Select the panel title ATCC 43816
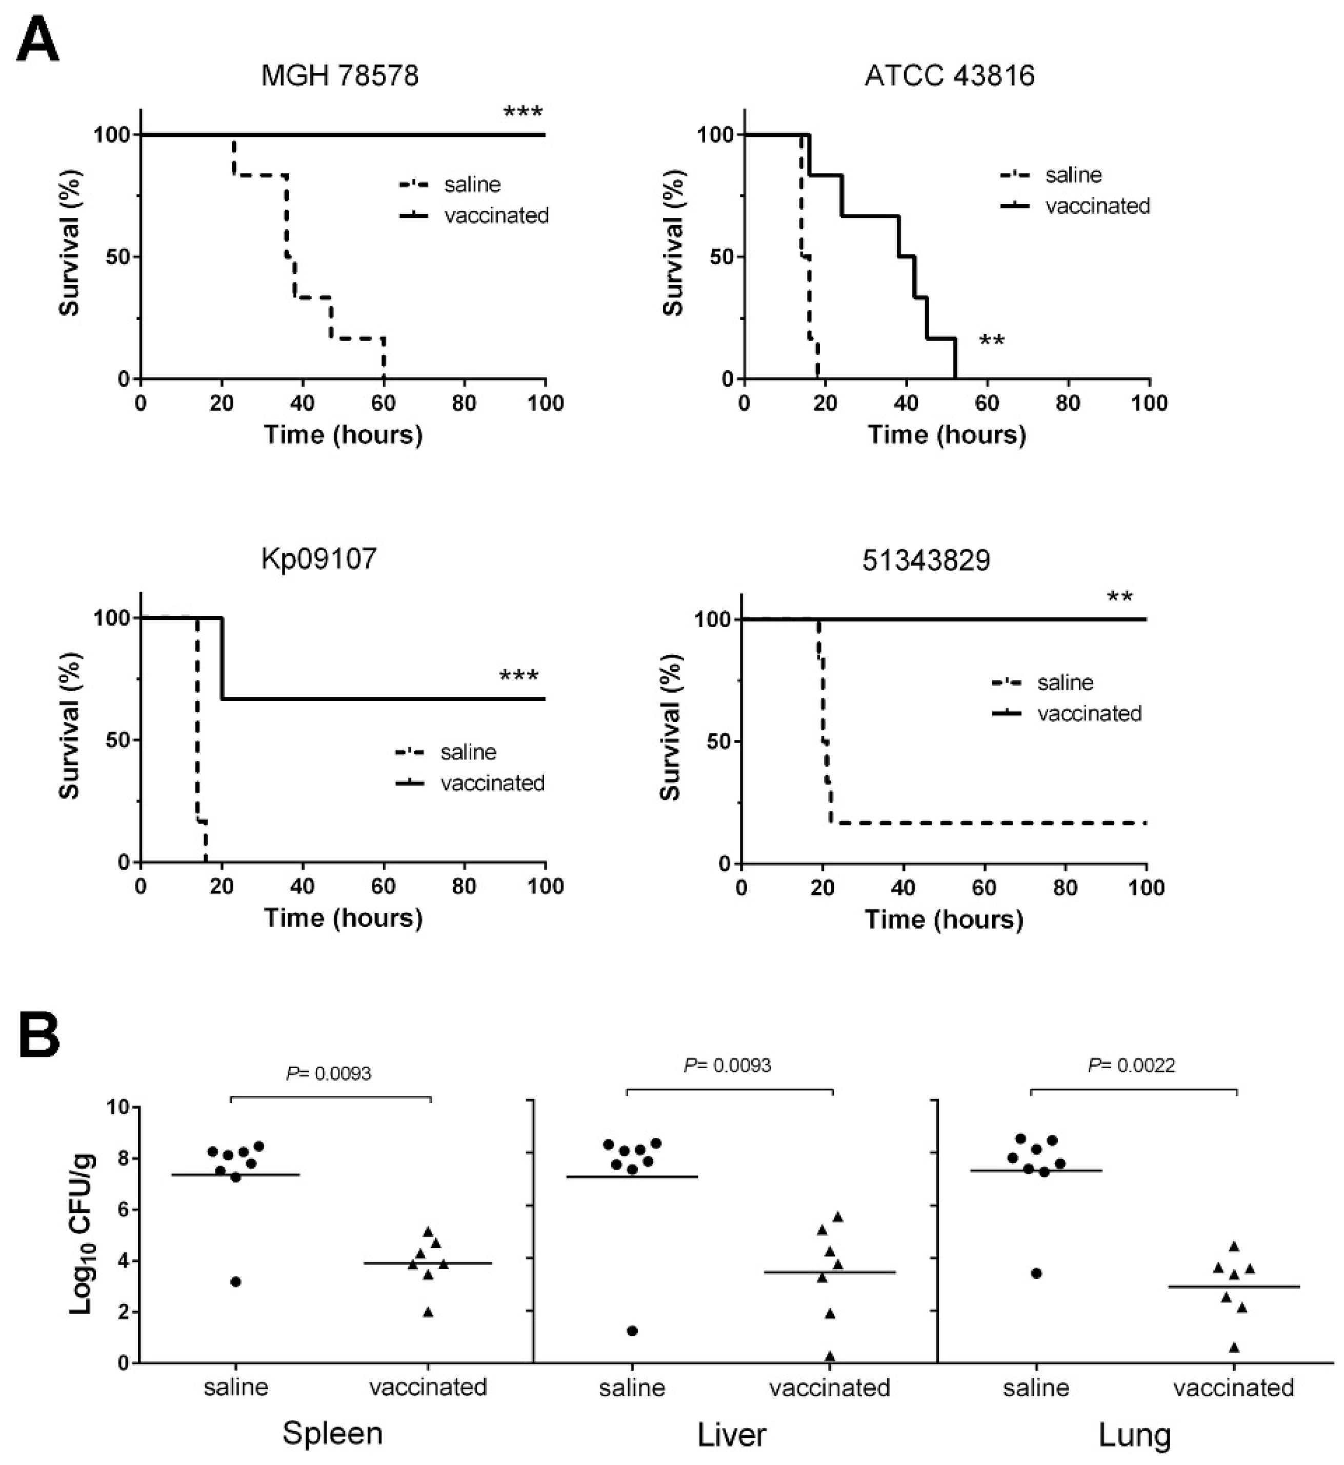949,76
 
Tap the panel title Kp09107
319,558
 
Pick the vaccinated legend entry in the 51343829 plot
1089,714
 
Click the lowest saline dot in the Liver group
632,1331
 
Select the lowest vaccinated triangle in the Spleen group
428,1312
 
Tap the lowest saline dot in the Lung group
1036,1273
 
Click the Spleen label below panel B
332,1433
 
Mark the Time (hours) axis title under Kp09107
343,918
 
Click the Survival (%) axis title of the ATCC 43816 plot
673,244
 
